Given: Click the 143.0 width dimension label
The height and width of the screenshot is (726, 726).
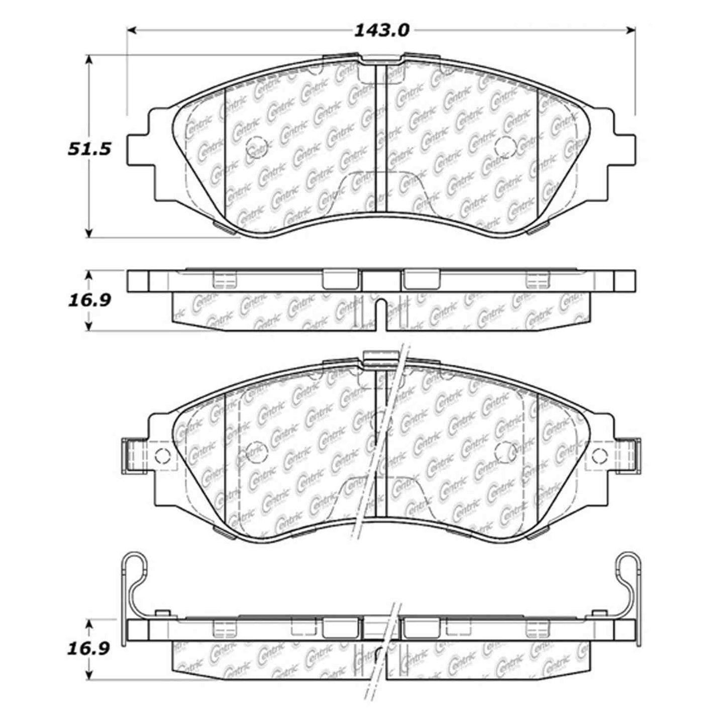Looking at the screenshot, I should pyautogui.click(x=382, y=31).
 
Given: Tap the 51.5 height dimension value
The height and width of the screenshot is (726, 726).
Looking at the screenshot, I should pyautogui.click(x=89, y=149).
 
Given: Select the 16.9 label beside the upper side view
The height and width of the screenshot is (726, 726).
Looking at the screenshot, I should pyautogui.click(x=89, y=300).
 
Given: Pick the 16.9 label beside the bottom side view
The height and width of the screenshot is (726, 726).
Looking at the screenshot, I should pyautogui.click(x=89, y=649).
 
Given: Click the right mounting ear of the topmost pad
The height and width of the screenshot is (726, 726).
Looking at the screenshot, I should pyautogui.click(x=625, y=149).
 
